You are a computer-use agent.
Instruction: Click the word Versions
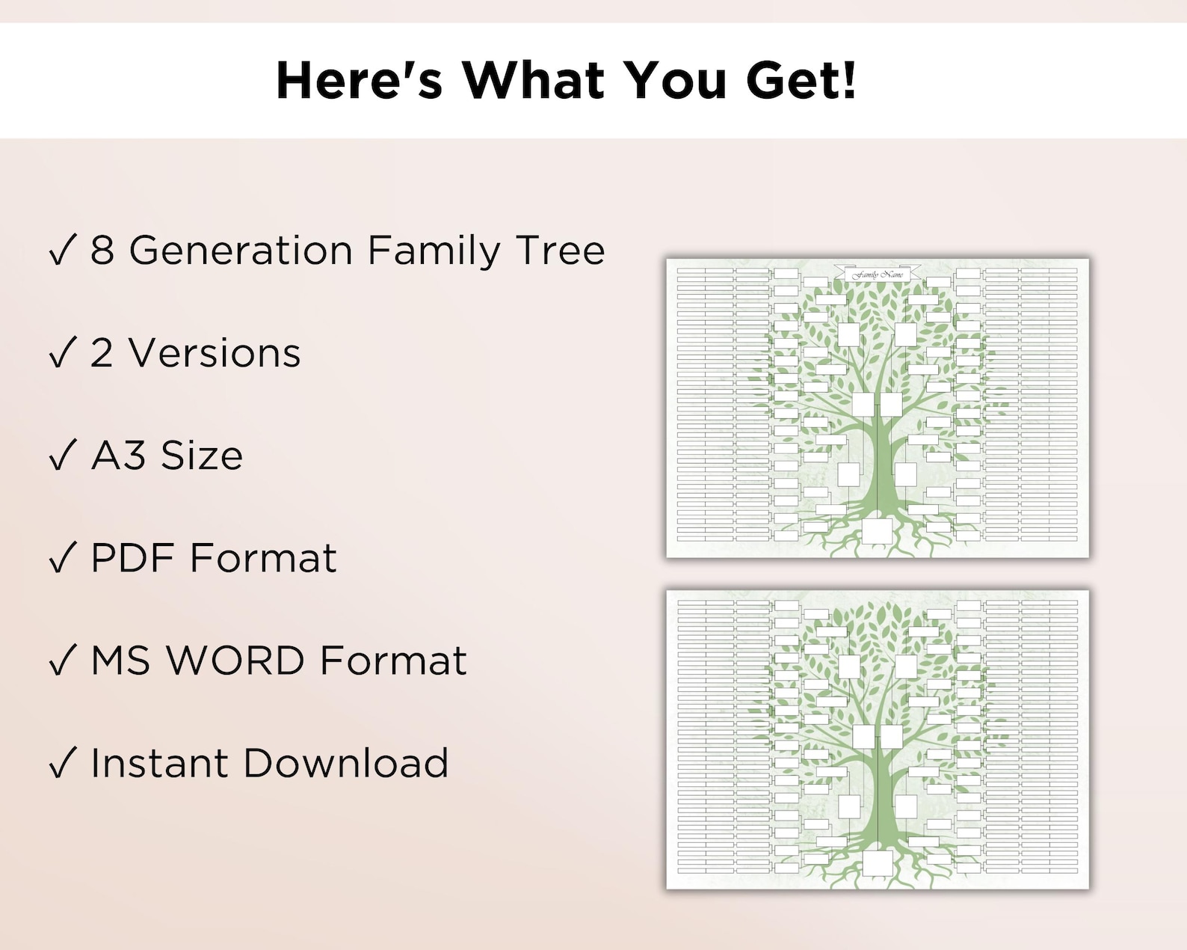(x=215, y=353)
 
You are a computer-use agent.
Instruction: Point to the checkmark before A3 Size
(x=62, y=455)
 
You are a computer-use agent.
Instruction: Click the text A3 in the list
(x=118, y=455)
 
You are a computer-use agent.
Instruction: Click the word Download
(x=345, y=763)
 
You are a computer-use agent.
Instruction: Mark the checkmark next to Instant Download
(x=62, y=763)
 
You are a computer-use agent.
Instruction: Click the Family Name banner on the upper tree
(x=878, y=275)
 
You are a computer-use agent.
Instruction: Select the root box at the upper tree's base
(x=878, y=531)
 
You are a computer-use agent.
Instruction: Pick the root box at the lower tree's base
(x=878, y=862)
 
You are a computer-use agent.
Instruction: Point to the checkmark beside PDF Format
(x=62, y=558)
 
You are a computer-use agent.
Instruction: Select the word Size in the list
(x=202, y=455)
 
